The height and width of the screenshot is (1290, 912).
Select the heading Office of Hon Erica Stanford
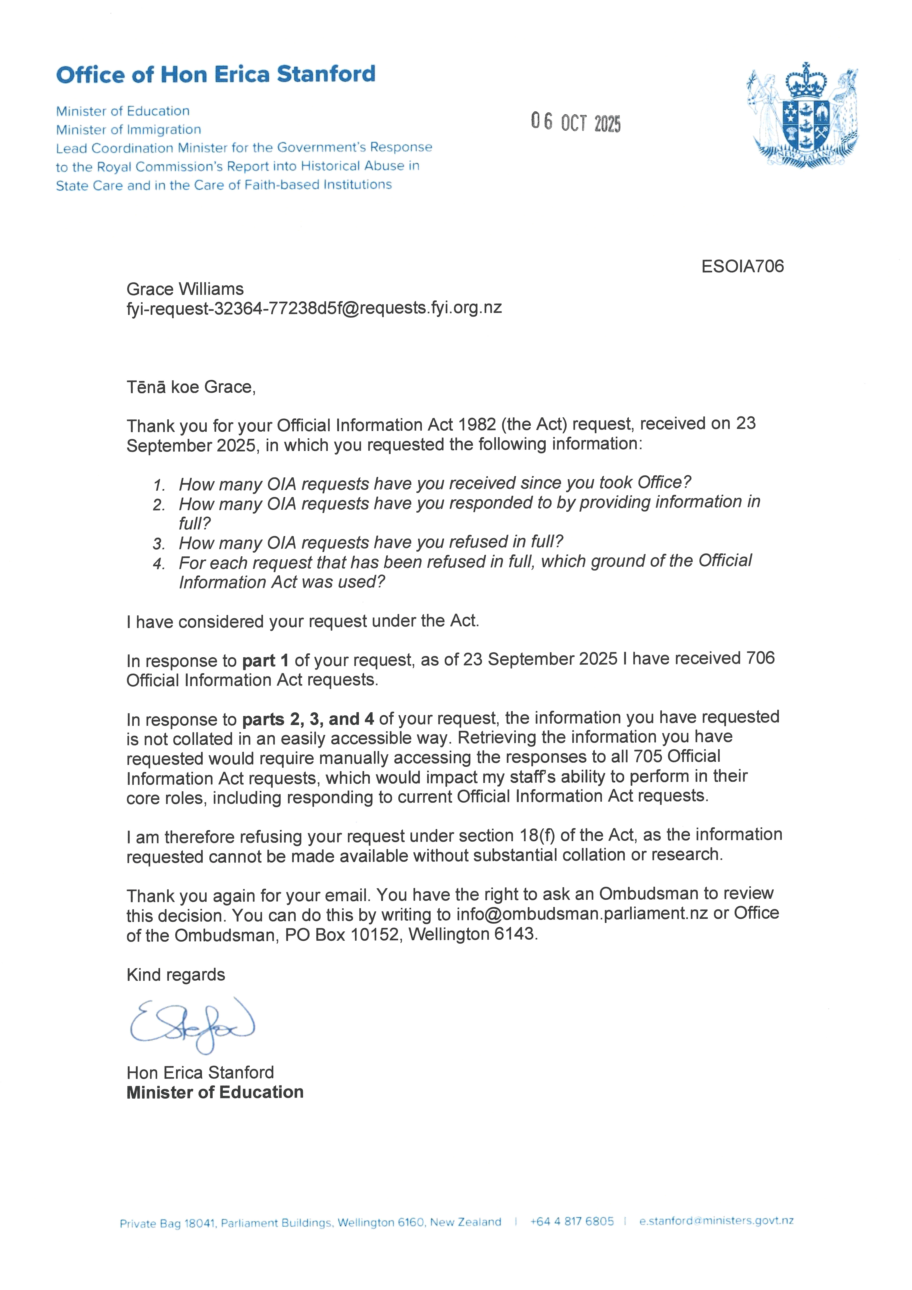pos(216,74)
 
